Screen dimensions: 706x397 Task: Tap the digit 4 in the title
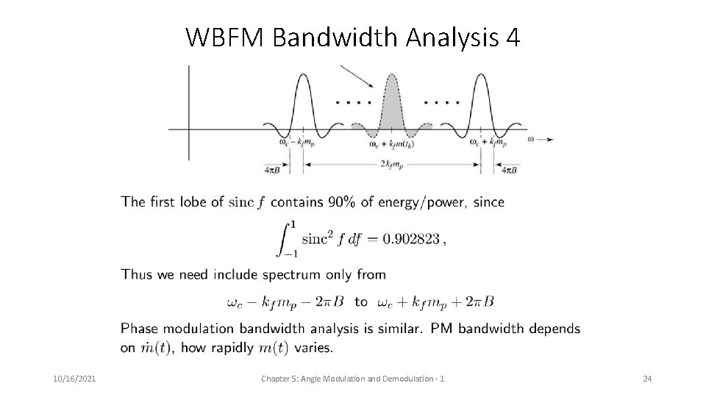(513, 37)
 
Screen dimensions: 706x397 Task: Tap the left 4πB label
(272, 170)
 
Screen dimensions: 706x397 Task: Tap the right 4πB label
(509, 170)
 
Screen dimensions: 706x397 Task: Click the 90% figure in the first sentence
(340, 201)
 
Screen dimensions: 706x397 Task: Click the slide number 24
(647, 378)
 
